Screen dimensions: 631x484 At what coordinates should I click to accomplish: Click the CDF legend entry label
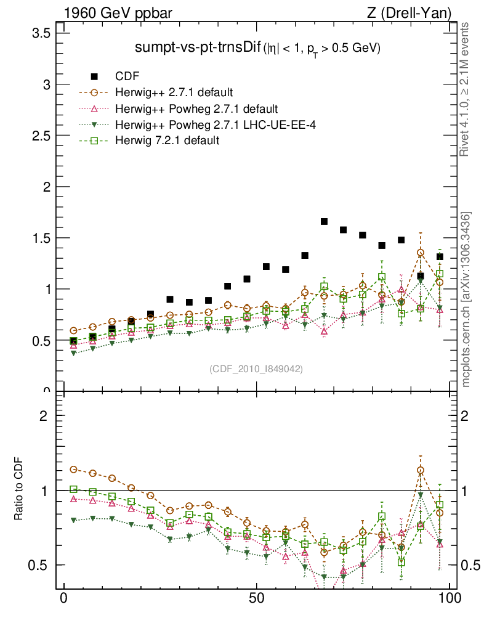127,76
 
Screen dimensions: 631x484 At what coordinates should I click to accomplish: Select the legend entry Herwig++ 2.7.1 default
174,93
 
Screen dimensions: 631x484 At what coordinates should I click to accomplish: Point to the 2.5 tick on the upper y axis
41,135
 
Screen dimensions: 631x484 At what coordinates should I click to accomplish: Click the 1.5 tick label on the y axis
41,237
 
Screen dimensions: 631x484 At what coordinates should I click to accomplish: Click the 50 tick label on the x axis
257,598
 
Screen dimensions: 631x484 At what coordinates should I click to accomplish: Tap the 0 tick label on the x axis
63,598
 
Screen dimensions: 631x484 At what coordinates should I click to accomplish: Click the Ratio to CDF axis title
19,490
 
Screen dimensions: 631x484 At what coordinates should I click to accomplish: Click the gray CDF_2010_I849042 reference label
256,368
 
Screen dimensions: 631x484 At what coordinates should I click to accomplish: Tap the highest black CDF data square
324,221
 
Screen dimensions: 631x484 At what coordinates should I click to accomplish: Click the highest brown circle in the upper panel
421,253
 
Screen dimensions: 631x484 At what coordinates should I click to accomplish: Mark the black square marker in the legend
94,76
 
